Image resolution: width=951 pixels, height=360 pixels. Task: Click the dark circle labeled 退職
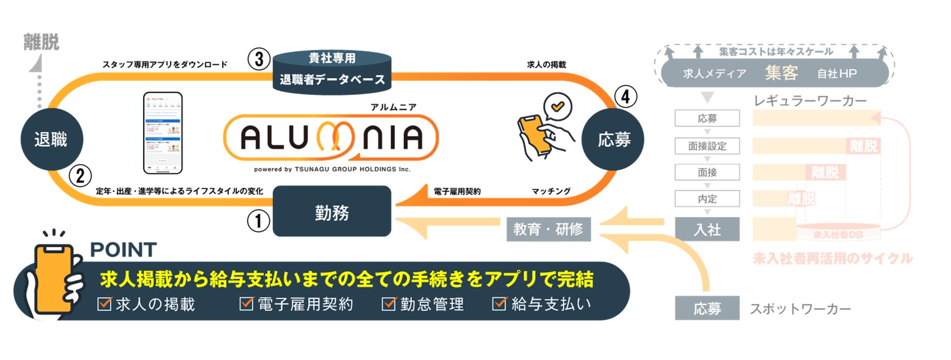click(52, 140)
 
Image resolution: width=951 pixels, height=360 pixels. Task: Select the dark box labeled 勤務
click(332, 212)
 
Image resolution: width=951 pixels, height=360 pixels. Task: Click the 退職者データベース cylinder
click(332, 72)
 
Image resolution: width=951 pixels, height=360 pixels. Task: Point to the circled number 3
click(258, 59)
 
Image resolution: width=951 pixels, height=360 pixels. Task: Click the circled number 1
click(258, 220)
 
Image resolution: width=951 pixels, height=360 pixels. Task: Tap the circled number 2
click(80, 176)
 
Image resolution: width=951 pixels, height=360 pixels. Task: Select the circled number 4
click(625, 97)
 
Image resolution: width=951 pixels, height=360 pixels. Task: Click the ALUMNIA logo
click(331, 138)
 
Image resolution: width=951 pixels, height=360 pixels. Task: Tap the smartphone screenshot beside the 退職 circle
click(163, 133)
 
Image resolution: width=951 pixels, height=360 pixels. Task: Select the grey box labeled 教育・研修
click(548, 229)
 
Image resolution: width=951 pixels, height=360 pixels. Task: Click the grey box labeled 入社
click(707, 229)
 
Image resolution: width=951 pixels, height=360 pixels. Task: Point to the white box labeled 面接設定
click(707, 146)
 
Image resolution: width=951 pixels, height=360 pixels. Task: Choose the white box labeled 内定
click(707, 199)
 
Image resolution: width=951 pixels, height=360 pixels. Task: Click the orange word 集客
click(781, 73)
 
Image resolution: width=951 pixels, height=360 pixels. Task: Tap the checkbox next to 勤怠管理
click(389, 304)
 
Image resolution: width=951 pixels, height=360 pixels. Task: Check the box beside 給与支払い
click(499, 304)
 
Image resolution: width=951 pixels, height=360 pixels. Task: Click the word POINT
click(123, 250)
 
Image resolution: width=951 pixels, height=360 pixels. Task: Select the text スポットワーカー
click(800, 309)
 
